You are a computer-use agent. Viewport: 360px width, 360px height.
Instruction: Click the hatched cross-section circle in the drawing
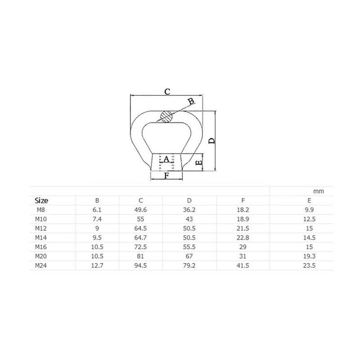pyautogui.click(x=166, y=117)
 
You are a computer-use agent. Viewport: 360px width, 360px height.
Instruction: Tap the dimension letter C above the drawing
pyautogui.click(x=167, y=92)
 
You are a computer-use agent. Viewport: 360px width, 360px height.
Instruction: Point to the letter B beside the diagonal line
pyautogui.click(x=191, y=101)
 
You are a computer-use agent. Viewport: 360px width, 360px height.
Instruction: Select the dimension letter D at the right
pyautogui.click(x=212, y=141)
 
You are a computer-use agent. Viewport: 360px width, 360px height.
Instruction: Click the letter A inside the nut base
pyautogui.click(x=166, y=159)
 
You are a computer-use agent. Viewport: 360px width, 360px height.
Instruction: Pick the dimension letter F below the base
pyautogui.click(x=167, y=175)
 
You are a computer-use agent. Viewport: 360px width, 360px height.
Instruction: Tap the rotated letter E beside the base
pyautogui.click(x=199, y=163)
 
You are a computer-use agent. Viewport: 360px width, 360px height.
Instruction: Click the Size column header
pyautogui.click(x=41, y=201)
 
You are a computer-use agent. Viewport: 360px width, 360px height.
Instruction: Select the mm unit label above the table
pyautogui.click(x=319, y=191)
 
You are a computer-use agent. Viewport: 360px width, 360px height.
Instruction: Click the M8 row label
pyautogui.click(x=41, y=210)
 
